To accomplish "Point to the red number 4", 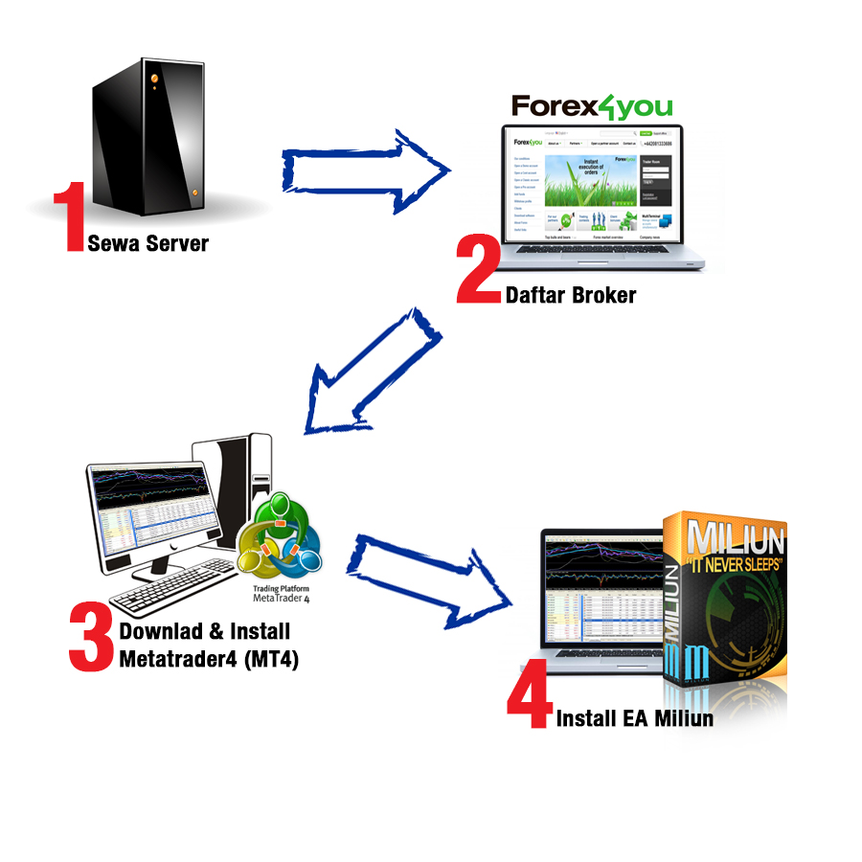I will pyautogui.click(x=529, y=701).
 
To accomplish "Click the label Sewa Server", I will pyautogui.click(x=147, y=242).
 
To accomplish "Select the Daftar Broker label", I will pyautogui.click(x=570, y=295).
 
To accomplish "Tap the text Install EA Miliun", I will pyautogui.click(x=635, y=718).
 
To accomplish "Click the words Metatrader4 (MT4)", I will pyautogui.click(x=209, y=658).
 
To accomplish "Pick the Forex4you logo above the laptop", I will pyautogui.click(x=591, y=105).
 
